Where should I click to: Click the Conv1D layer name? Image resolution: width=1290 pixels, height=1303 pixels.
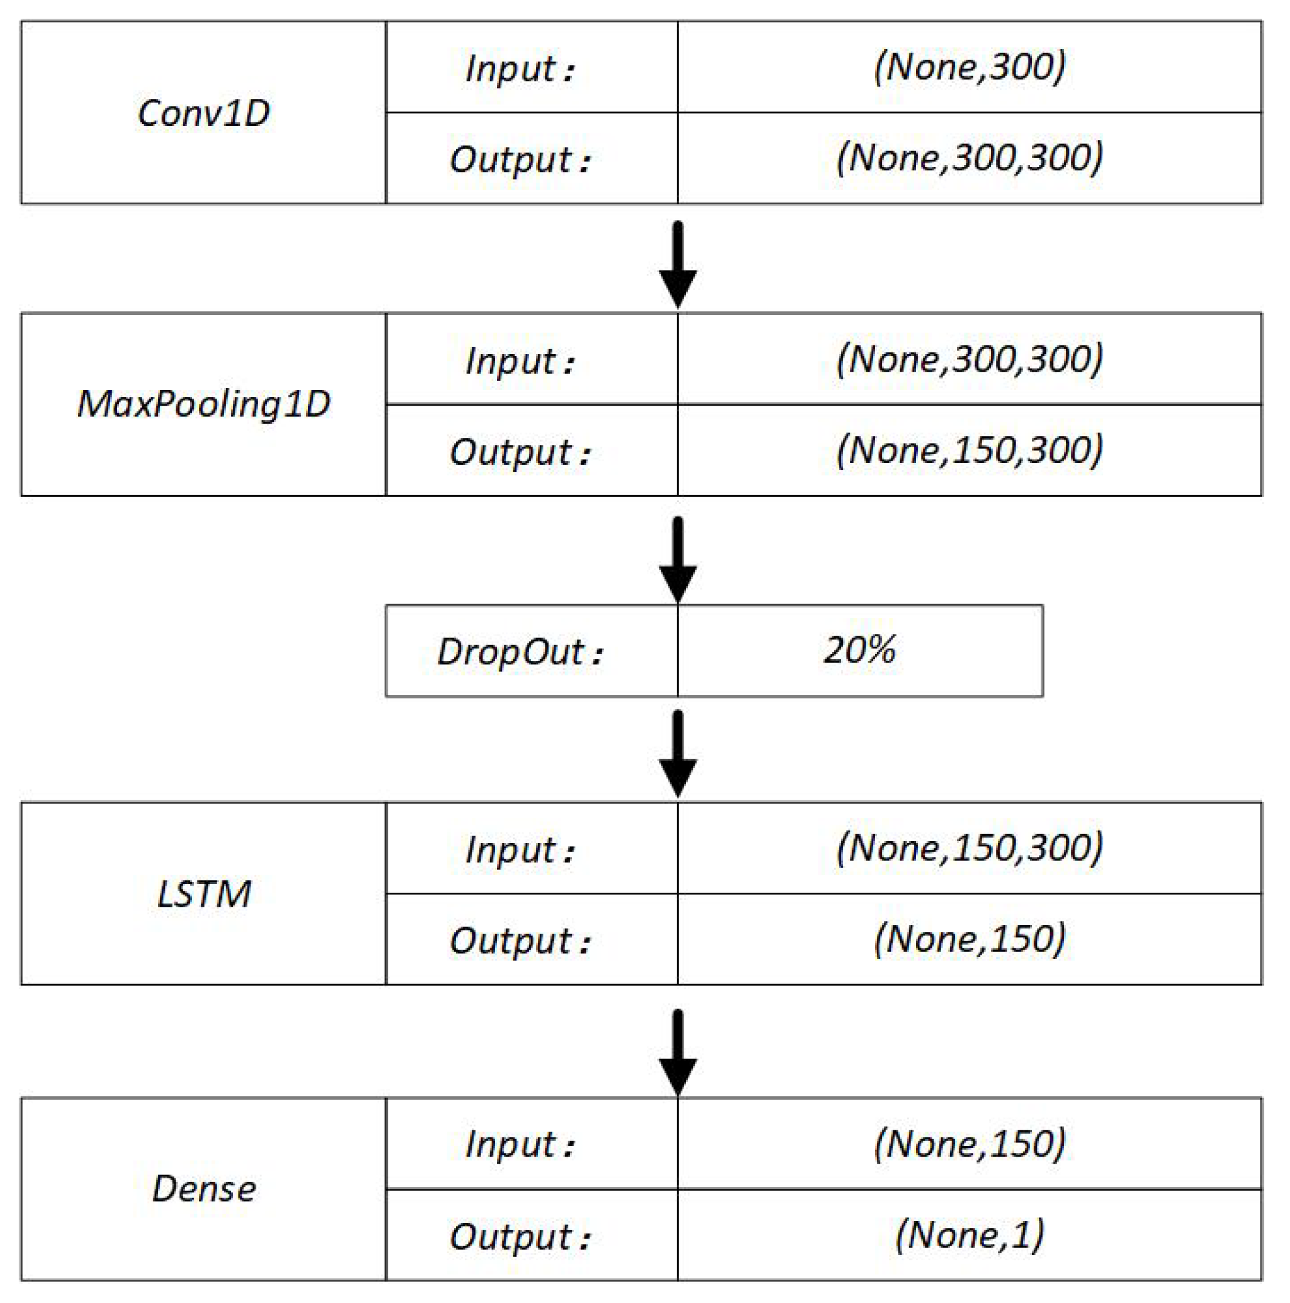(x=203, y=112)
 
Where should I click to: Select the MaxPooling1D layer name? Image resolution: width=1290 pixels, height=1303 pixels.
(x=203, y=404)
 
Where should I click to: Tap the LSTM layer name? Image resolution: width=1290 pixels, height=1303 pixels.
(x=203, y=895)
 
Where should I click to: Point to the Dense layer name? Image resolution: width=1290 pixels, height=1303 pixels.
(x=203, y=1188)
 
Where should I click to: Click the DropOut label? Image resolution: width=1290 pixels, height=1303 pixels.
(x=519, y=652)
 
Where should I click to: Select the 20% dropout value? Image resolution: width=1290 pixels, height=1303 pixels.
(x=859, y=650)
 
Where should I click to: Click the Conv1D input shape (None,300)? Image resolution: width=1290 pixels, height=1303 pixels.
(x=969, y=67)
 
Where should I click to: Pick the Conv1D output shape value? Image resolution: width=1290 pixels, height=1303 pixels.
(x=969, y=158)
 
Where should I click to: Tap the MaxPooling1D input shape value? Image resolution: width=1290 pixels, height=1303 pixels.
(x=969, y=359)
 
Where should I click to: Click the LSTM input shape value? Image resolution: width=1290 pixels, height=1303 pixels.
(x=969, y=848)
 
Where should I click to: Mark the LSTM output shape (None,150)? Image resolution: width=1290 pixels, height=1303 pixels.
(x=969, y=939)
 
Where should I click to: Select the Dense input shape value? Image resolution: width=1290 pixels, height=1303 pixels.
(x=969, y=1143)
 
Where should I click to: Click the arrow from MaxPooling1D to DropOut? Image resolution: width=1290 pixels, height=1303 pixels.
(x=677, y=560)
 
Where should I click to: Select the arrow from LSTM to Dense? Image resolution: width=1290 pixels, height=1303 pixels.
(x=677, y=1052)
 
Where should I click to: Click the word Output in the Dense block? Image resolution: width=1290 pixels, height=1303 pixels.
(x=510, y=1236)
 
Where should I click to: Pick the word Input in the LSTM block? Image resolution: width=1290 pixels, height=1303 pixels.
(x=510, y=849)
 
